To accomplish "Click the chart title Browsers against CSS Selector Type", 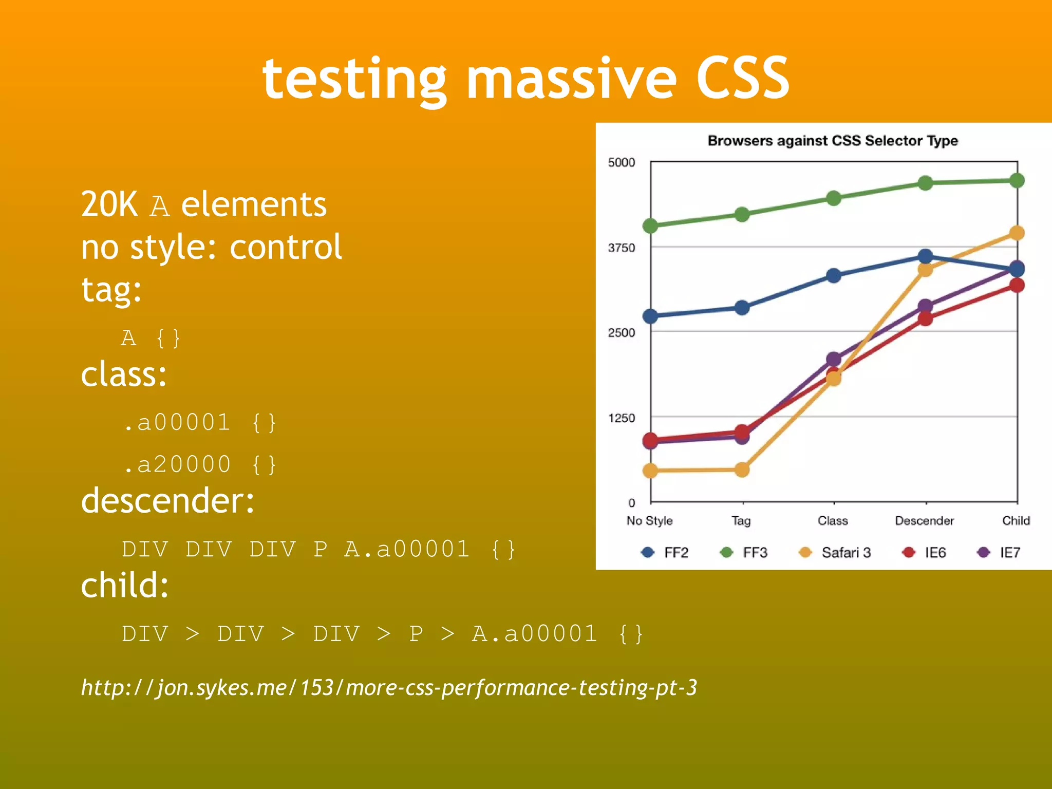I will tap(832, 141).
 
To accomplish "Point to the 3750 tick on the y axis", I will tap(621, 248).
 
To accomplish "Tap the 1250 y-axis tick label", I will tap(621, 418).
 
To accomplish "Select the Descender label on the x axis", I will tap(924, 521).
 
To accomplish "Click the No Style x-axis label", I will tap(649, 521).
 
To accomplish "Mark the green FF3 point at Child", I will tap(1017, 181).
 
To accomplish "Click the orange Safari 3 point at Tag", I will tap(742, 469).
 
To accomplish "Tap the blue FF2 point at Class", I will tap(834, 276).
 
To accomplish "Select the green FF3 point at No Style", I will tap(650, 226).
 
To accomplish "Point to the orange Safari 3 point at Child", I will tap(1017, 233).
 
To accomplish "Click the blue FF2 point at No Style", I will tap(650, 316).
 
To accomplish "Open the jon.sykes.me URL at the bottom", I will tap(389, 688).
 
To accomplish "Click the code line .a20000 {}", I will tap(200, 465).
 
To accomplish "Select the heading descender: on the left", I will tap(167, 501).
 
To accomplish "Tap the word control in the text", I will tap(286, 248).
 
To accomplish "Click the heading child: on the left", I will tap(125, 586).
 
